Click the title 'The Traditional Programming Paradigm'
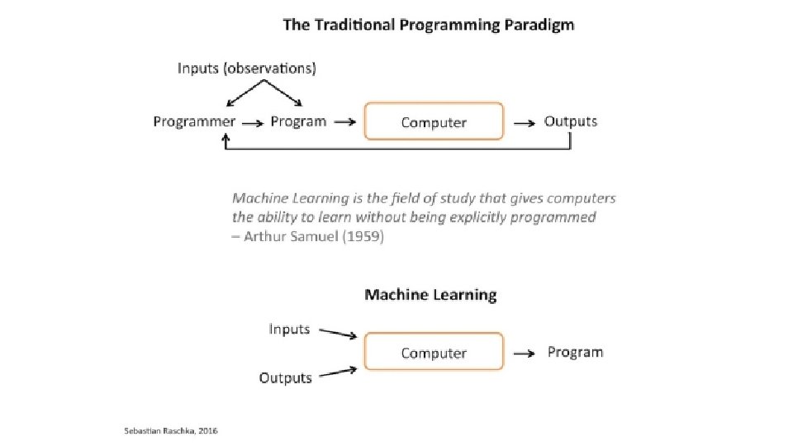click(x=428, y=25)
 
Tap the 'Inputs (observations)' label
click(x=246, y=69)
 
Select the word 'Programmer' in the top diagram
click(x=194, y=122)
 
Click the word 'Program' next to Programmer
click(x=298, y=122)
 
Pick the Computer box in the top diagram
click(x=434, y=122)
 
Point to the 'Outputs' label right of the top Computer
click(x=570, y=122)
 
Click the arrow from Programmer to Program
click(x=254, y=123)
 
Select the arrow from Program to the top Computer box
click(x=345, y=123)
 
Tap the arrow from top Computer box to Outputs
click(x=524, y=123)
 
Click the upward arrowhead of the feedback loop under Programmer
click(x=225, y=140)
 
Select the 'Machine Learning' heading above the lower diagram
click(x=430, y=294)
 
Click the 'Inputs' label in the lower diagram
click(x=289, y=329)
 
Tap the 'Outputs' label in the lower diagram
click(x=286, y=378)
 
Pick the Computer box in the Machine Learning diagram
click(x=434, y=353)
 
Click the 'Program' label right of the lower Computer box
click(x=575, y=353)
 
